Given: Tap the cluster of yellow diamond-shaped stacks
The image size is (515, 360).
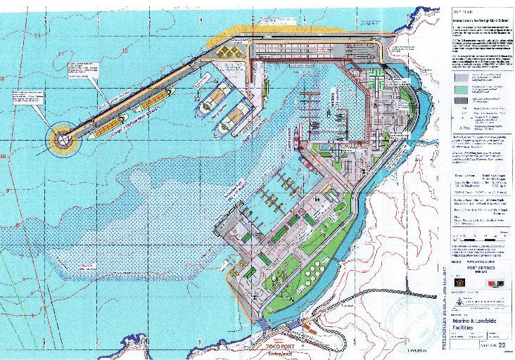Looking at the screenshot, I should (233, 53).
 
